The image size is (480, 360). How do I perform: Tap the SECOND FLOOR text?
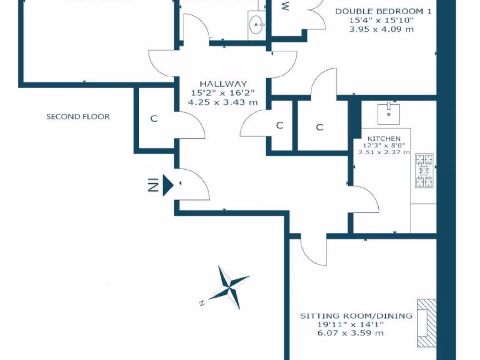pyautogui.click(x=78, y=116)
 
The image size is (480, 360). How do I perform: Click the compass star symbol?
pyautogui.click(x=229, y=287)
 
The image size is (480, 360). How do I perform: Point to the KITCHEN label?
pyautogui.click(x=384, y=138)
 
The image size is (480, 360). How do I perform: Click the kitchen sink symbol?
pyautogui.click(x=389, y=111)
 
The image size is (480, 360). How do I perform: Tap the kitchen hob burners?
pyautogui.click(x=425, y=171)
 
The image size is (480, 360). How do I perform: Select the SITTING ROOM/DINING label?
pyautogui.click(x=356, y=315)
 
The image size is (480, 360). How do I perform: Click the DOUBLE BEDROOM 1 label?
pyautogui.click(x=383, y=11)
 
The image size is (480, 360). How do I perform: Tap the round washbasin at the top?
pyautogui.click(x=256, y=24)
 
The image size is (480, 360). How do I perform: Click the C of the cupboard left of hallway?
pyautogui.click(x=154, y=119)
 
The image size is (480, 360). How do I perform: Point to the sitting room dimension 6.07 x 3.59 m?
pyautogui.click(x=350, y=333)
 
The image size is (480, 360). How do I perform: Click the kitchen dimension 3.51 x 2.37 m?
pyautogui.click(x=384, y=152)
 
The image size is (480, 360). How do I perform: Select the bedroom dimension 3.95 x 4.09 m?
pyautogui.click(x=382, y=29)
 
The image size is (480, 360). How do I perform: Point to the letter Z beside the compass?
pyautogui.click(x=201, y=302)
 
